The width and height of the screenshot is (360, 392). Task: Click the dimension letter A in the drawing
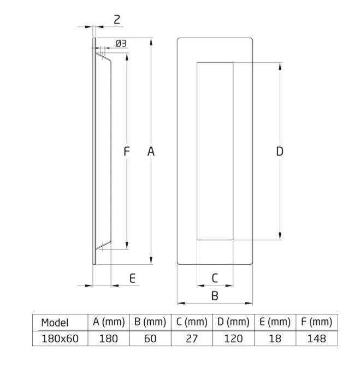point(151,152)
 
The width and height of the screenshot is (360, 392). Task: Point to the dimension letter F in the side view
point(126,152)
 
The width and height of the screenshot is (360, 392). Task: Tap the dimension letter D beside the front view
point(279,152)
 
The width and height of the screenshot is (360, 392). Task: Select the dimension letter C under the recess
point(215,278)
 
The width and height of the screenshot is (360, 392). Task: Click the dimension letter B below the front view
point(215,296)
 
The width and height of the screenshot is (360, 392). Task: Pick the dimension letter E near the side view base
point(133,278)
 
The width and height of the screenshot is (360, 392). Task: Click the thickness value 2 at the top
point(117,20)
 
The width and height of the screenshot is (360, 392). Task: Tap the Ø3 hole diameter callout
point(121,44)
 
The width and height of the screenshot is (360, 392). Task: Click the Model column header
point(55,323)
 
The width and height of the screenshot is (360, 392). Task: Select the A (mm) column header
point(109,322)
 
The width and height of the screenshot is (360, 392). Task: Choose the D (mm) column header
point(233,322)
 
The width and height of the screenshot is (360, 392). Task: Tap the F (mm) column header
point(316,322)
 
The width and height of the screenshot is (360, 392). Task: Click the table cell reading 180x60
point(60,338)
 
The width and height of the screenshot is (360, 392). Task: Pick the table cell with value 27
point(192,338)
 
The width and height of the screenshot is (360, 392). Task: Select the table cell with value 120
point(233,338)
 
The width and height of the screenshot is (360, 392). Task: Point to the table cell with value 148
point(316,338)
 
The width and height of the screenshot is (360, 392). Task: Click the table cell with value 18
point(275,338)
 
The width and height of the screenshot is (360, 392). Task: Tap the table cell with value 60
point(150,338)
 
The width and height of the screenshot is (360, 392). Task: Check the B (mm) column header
point(150,322)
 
